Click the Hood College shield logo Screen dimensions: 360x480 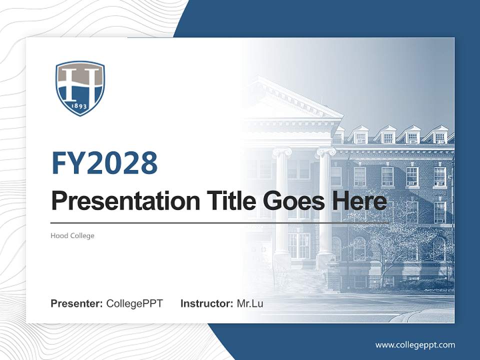point(80,88)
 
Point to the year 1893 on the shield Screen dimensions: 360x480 point(80,106)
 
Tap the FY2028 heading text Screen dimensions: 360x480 point(104,163)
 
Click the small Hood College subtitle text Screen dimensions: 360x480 point(72,235)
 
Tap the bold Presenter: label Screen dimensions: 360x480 point(77,303)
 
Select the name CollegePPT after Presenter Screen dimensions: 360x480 point(134,303)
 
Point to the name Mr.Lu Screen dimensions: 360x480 point(250,303)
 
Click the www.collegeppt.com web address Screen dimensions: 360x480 point(415,344)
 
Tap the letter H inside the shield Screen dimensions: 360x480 point(80,82)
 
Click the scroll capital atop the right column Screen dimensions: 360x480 point(325,151)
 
